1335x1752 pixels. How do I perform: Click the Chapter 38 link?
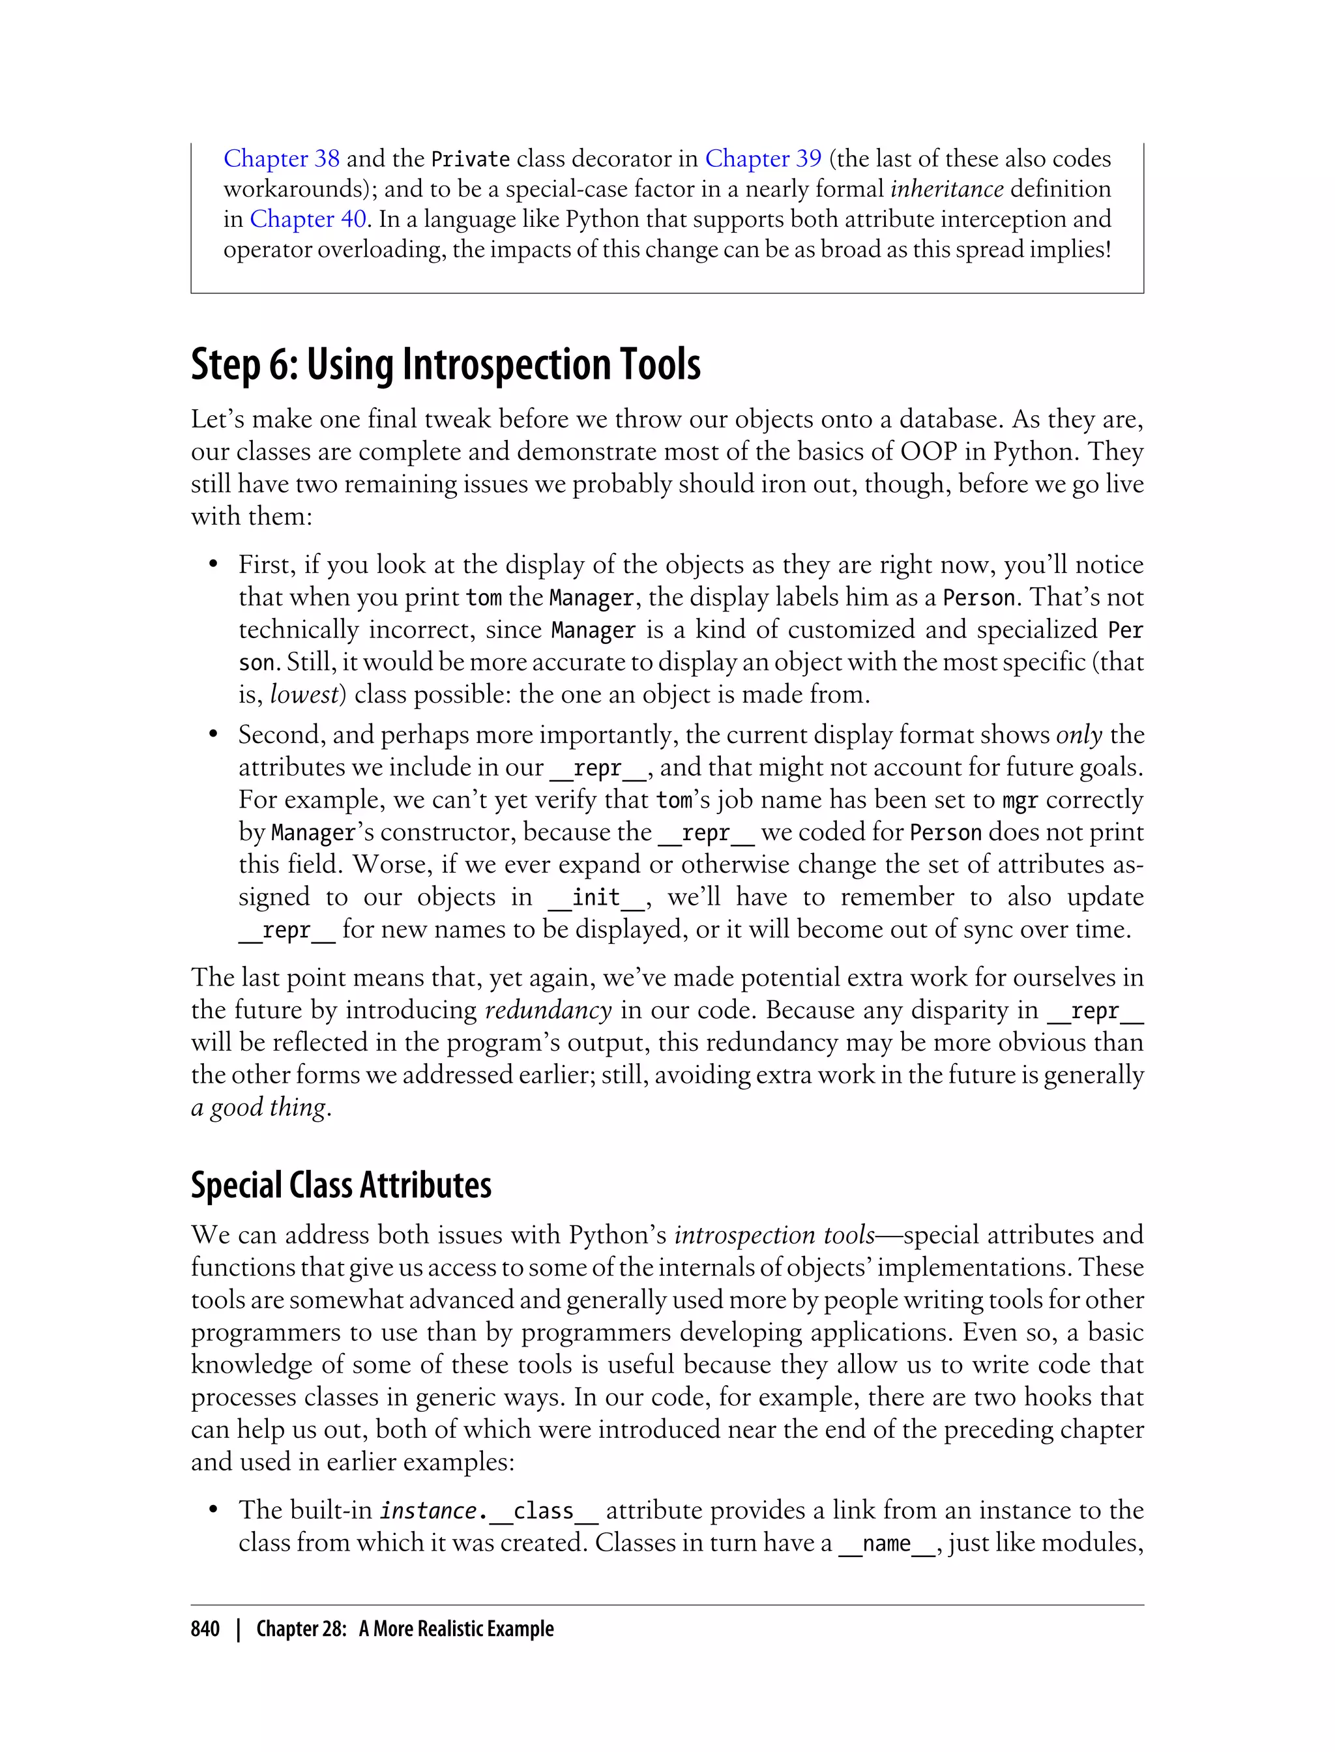[282, 159]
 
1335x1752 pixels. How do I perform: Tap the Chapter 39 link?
[763, 159]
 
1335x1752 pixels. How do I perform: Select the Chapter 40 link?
[308, 219]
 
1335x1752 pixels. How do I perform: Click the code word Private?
[471, 160]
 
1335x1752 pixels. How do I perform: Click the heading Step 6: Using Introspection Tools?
[446, 365]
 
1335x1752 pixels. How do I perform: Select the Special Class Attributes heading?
[341, 1185]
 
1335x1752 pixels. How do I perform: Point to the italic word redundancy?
[548, 1010]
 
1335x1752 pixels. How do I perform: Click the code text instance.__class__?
[488, 1510]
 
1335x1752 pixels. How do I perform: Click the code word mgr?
[1020, 800]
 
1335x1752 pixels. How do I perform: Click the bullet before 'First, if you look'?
[213, 565]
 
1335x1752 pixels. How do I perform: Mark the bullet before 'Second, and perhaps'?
[213, 735]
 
